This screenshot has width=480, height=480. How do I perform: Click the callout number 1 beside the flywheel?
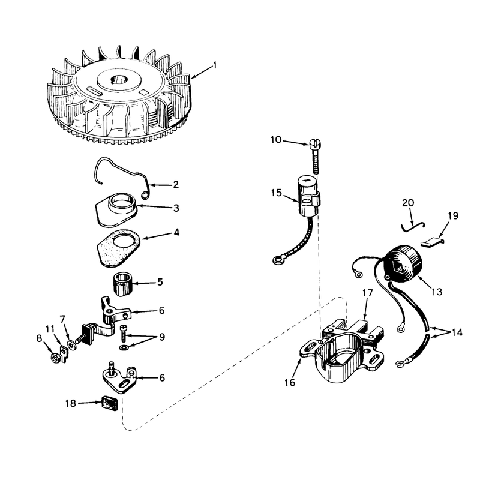point(215,65)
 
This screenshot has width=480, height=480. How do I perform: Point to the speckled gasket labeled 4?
point(118,248)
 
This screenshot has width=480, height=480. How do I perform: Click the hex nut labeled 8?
point(55,358)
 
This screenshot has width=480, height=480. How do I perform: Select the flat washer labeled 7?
point(71,345)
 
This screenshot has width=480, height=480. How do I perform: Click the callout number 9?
point(162,337)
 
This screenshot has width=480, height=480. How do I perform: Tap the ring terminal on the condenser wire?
point(277,260)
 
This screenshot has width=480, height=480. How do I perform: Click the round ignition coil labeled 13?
point(403,262)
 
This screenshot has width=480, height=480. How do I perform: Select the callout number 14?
point(457,332)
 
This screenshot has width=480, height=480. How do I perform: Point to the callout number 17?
point(367,293)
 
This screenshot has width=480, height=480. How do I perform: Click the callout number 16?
point(290,382)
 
